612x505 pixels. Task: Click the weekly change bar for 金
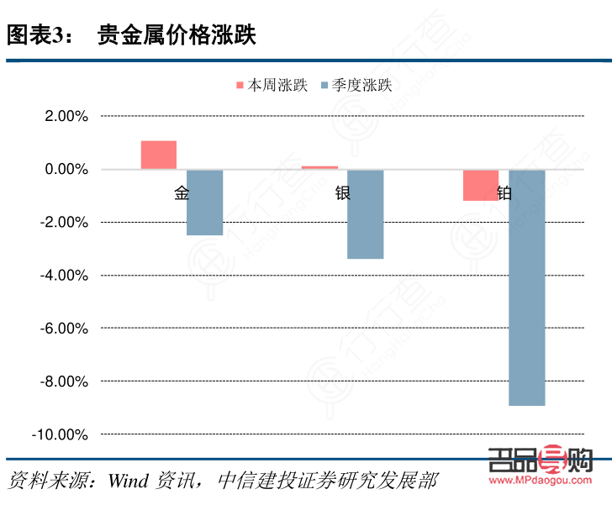[159, 155]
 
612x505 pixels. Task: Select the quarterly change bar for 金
[204, 203]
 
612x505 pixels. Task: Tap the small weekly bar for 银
[319, 167]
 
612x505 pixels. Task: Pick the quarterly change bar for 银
[365, 214]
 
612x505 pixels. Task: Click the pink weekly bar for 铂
[481, 185]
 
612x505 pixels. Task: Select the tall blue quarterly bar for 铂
[527, 287]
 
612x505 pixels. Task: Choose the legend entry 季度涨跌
[355, 85]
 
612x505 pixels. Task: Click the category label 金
[182, 193]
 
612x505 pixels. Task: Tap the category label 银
[343, 193]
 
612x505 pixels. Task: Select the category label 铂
[504, 193]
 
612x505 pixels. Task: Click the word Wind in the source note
[128, 481]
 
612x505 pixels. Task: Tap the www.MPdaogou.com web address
[541, 481]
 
